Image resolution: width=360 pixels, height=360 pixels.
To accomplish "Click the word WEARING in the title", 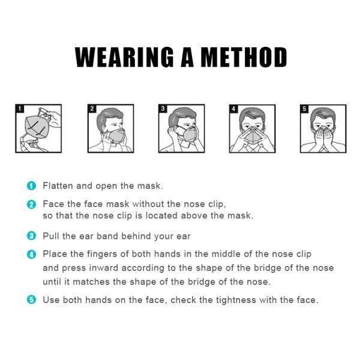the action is pos(124,57).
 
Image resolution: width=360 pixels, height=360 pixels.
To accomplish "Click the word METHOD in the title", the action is pos(244,57).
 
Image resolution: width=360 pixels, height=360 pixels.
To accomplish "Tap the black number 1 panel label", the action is pos(20,109).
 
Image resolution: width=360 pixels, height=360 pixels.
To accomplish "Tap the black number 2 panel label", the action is pos(92,109).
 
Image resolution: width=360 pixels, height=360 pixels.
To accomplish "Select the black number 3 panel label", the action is pos(163,109).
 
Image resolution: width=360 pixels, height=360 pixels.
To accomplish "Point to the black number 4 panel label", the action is pos(233,109).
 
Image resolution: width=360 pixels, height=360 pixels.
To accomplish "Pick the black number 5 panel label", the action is pos(304,109).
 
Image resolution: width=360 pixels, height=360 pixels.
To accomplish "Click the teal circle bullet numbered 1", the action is pos(31,186).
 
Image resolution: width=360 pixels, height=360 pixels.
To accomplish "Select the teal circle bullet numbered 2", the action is pos(31,205).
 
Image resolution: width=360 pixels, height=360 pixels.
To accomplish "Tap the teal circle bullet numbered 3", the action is pos(31,236).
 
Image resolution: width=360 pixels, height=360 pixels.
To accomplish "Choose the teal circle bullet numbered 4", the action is pos(31,254).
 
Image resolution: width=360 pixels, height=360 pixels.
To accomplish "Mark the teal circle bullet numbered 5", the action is pos(31,299).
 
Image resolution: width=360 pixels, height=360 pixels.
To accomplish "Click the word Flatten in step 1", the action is pos(58,185).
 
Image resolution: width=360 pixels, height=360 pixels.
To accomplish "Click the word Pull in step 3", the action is pos(50,236).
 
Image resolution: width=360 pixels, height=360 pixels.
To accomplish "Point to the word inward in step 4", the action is pos(104,268).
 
